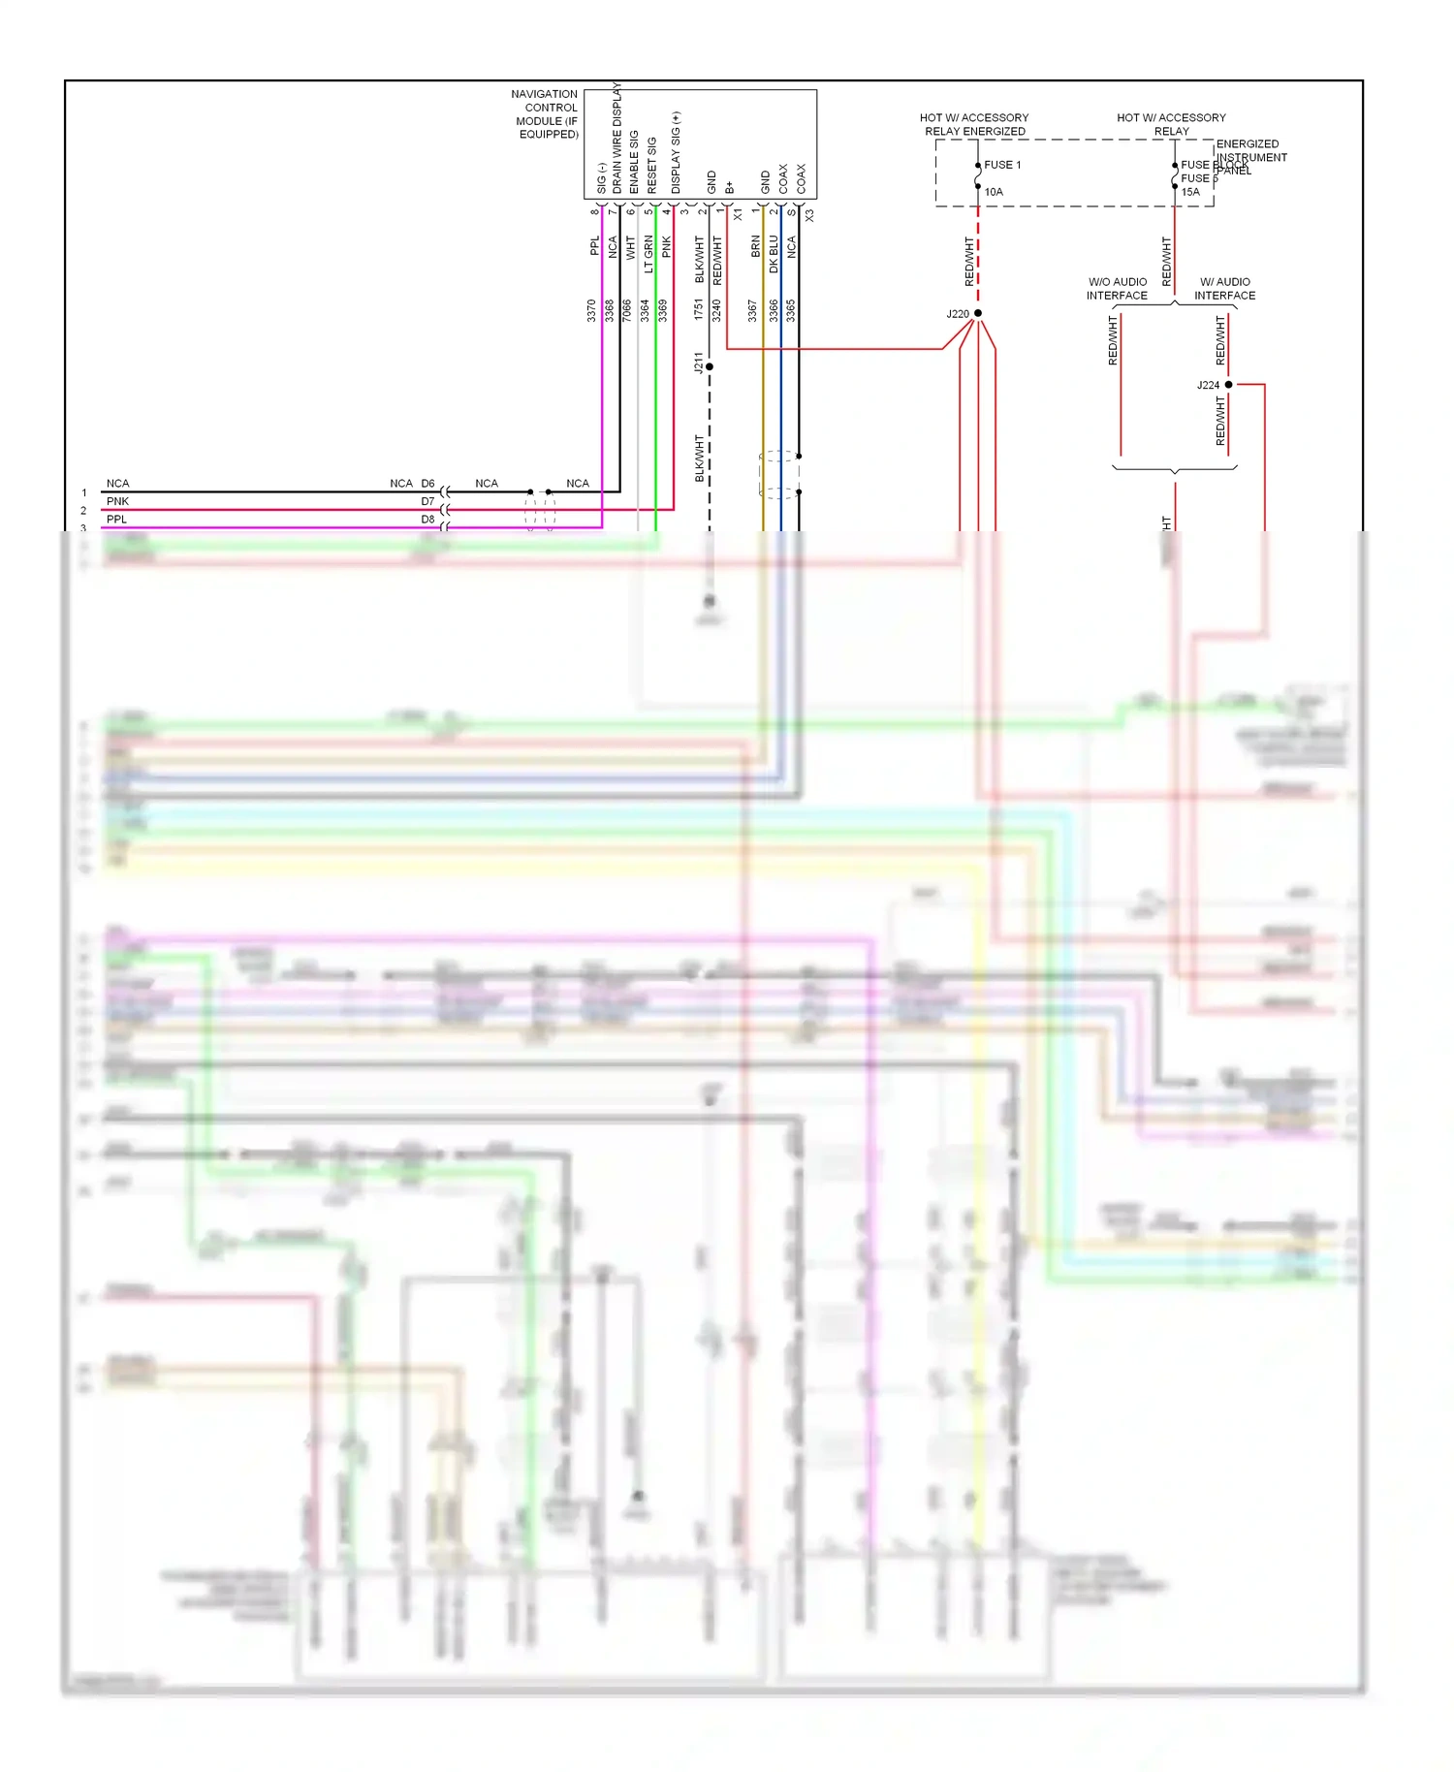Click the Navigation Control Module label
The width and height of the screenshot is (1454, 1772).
[x=546, y=114]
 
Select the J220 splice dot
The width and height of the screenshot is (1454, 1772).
[x=978, y=313]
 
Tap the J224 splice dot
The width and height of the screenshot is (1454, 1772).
[x=1228, y=385]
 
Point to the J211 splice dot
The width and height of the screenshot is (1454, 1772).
[x=710, y=366]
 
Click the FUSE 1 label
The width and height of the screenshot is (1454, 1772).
[x=1002, y=165]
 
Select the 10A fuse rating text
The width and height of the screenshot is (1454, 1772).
[x=994, y=192]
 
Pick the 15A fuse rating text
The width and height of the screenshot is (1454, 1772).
[x=1190, y=192]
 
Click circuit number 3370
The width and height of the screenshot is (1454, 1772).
[x=591, y=310]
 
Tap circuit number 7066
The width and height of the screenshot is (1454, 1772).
[x=627, y=310]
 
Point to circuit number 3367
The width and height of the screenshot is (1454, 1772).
[x=752, y=310]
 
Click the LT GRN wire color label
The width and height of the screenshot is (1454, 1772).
[x=648, y=254]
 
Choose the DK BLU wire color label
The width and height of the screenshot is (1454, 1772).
[x=774, y=254]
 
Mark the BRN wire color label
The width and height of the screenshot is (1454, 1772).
[x=756, y=246]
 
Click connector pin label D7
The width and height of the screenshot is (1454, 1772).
[x=427, y=501]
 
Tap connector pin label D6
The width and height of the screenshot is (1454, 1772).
[x=427, y=483]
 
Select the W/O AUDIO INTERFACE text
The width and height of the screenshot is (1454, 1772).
[x=1117, y=289]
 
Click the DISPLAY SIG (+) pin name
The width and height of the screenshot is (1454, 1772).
[x=676, y=153]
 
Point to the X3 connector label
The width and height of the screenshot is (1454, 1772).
[x=809, y=215]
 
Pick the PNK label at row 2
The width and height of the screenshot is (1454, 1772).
[x=117, y=501]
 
